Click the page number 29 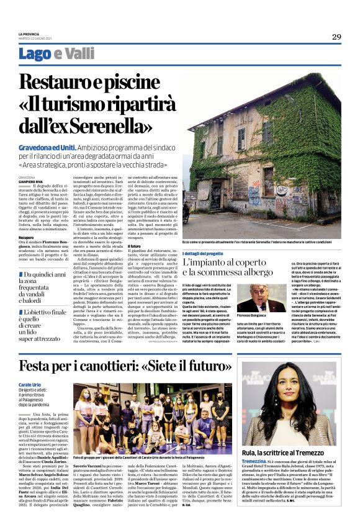(x=336, y=37)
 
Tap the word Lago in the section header (x=35, y=54)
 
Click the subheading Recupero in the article (x=26, y=236)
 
